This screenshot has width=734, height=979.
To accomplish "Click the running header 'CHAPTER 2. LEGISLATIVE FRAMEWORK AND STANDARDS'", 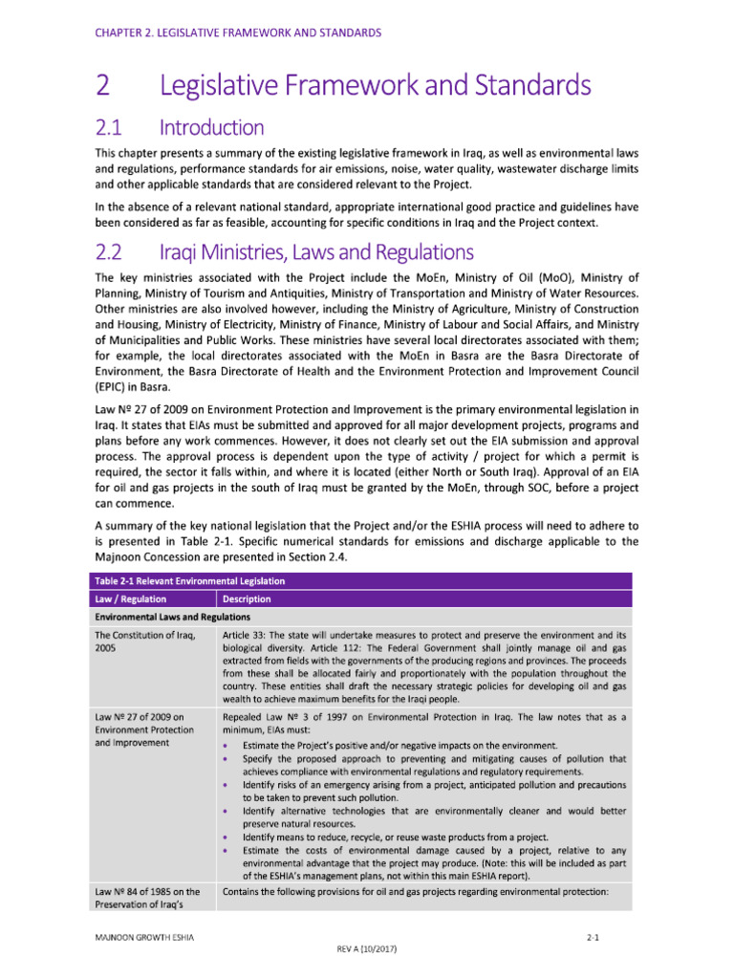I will click(x=238, y=33).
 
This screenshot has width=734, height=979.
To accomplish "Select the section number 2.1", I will click(x=112, y=127).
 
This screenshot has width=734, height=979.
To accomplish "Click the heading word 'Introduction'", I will click(x=211, y=127).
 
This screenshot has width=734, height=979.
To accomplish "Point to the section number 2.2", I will click(x=113, y=253).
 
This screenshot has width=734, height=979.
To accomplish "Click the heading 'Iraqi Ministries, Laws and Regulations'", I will click(x=315, y=253).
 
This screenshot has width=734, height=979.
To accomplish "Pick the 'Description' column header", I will click(x=247, y=599).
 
